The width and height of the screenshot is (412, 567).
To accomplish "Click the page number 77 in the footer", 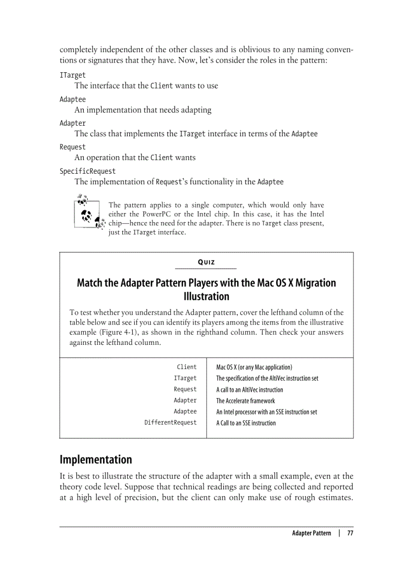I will [349, 533].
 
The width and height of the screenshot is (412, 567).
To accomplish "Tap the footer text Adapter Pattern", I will [312, 533].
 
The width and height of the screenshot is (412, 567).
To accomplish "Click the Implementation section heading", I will [95, 459].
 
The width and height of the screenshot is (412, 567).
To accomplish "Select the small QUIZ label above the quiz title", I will [205, 262].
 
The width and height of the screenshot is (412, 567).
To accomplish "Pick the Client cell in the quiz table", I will [186, 367].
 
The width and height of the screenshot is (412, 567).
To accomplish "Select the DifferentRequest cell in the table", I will [170, 423].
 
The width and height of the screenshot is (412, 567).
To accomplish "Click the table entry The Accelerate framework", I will [245, 401].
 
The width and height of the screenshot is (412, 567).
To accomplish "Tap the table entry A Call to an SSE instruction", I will [246, 423].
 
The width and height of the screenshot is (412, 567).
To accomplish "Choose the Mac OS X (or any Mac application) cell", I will [254, 367].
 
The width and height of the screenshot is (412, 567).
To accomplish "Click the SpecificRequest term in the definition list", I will [87, 171].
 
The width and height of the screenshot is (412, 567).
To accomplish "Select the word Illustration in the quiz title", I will [206, 296].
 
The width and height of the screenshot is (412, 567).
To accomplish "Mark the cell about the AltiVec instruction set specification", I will [267, 378].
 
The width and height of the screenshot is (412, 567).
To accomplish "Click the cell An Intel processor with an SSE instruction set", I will [267, 412].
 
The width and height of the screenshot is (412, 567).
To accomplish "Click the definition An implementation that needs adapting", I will [143, 110].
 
